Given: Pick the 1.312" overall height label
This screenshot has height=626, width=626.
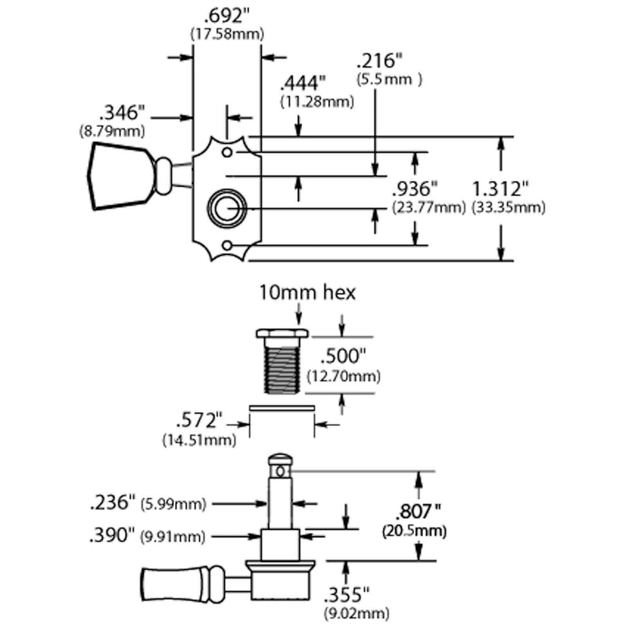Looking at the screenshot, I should [500, 189].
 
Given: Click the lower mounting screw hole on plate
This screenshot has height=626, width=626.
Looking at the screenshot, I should [227, 246].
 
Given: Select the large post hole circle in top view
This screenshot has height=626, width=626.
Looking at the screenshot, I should [227, 208].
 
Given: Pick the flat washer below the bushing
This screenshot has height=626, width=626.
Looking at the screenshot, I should [282, 408].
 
